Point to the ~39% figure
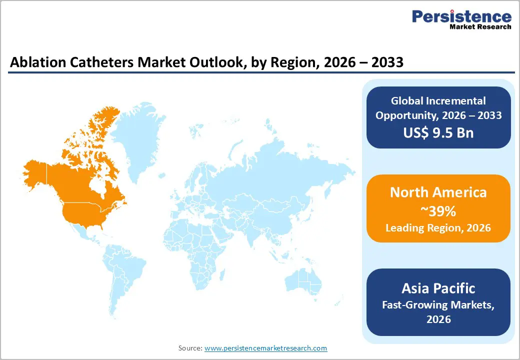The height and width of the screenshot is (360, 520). pos(438,211)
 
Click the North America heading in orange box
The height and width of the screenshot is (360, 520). pos(438,192)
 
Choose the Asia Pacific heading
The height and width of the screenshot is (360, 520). pos(438,288)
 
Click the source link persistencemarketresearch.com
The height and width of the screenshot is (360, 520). pos(265,348)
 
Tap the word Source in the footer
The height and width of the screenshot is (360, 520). pos(190,348)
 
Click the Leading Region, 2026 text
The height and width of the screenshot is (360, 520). pos(438,228)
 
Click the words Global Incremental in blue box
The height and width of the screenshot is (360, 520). pos(438,101)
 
